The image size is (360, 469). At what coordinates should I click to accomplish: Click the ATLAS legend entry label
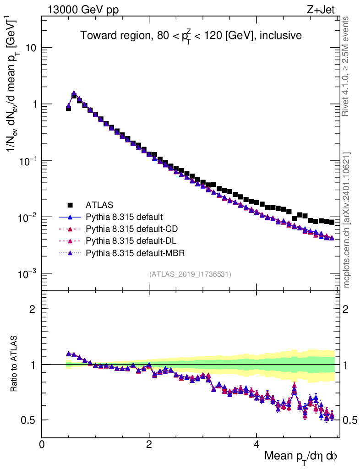pos(99,204)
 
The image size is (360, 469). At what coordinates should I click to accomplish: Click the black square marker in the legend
pos(70,204)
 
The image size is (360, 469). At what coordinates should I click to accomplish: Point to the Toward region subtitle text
pos(191,36)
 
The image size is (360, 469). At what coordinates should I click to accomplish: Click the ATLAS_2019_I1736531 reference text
pos(190,274)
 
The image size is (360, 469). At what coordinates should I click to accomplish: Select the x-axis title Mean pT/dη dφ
pos(301,456)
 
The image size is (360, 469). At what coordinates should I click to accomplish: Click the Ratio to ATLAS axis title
pos(15,364)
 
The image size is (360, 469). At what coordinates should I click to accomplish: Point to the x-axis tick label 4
pos(256,444)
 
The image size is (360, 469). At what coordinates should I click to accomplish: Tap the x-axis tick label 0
pos(42,444)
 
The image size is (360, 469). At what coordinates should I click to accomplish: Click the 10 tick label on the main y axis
pos(30,48)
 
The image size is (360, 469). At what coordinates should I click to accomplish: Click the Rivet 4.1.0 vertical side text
pos(347,66)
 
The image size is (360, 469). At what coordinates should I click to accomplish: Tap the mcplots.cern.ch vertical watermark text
pos(347,220)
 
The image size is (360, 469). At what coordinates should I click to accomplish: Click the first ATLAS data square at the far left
pos(68,109)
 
